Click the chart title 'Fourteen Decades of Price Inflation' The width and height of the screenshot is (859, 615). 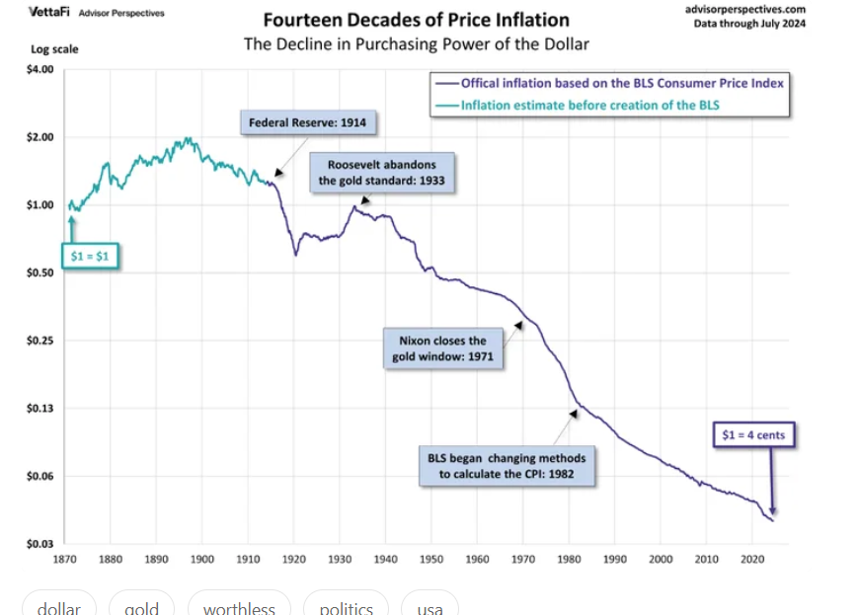[416, 20]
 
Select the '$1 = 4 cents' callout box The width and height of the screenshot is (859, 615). [754, 434]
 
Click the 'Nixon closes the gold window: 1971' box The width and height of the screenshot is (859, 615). [442, 347]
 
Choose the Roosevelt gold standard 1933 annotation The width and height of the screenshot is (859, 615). [375, 172]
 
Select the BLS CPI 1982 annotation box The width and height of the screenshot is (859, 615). [507, 466]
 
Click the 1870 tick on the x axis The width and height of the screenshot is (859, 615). [64, 560]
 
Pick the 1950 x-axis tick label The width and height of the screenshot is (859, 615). [430, 560]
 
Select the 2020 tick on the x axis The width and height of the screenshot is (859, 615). [751, 560]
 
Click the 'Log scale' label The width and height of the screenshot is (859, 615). [54, 48]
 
